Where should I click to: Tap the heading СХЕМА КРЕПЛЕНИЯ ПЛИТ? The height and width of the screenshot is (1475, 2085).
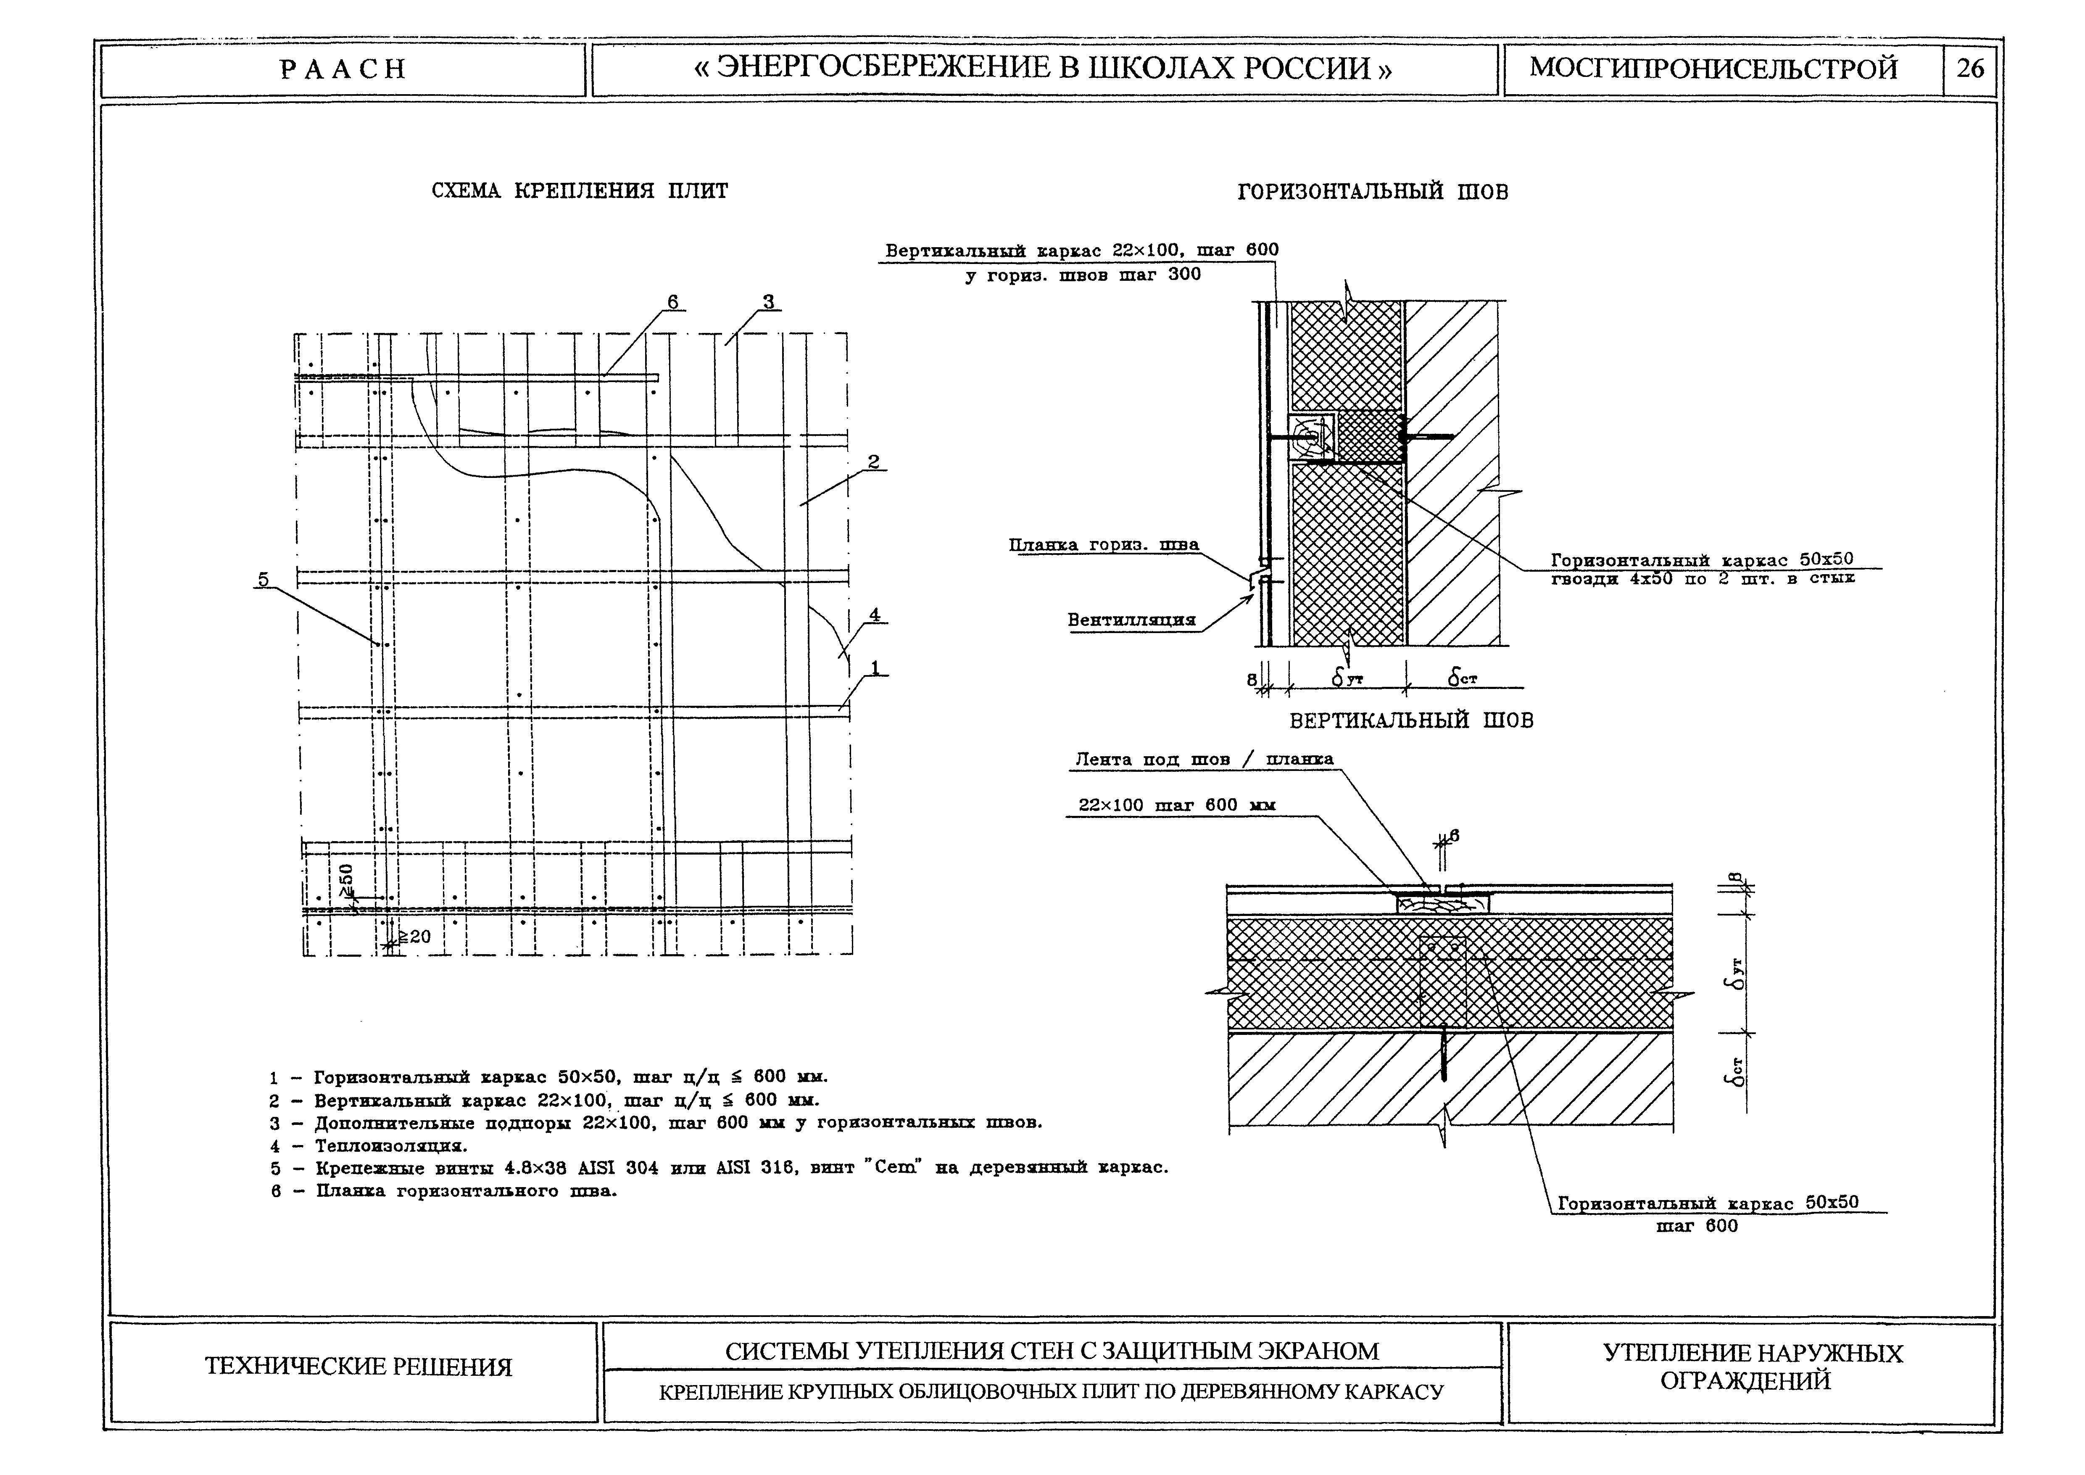coord(580,192)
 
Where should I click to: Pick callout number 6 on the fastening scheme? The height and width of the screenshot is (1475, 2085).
coord(672,301)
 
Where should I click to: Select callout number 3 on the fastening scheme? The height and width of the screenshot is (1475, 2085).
coord(768,301)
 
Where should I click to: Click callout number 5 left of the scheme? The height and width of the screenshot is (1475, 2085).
coord(264,580)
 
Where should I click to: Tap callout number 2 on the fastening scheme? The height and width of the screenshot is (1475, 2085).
coord(874,462)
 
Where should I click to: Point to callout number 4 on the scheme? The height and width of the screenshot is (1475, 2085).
coord(875,615)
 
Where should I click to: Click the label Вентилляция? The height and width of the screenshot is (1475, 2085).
coord(1131,620)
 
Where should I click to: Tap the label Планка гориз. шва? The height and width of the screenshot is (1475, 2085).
coord(1103,545)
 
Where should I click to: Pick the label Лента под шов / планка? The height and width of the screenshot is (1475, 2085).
coord(1203,759)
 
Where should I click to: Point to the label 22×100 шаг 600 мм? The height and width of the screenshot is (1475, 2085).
coord(1176,805)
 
